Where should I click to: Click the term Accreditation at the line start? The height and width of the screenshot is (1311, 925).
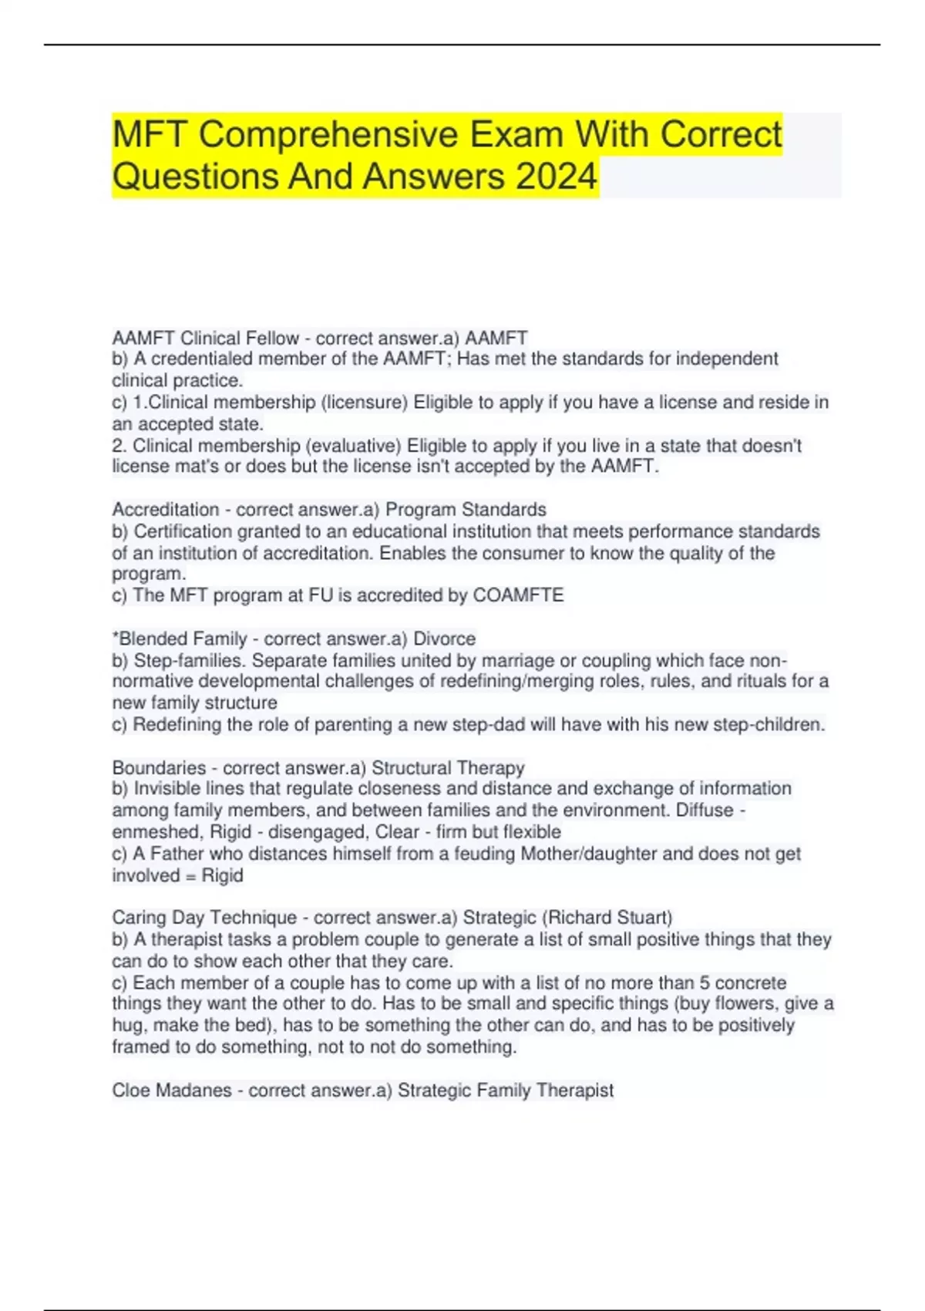[x=166, y=510]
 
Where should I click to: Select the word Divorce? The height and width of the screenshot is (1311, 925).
[x=445, y=639]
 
